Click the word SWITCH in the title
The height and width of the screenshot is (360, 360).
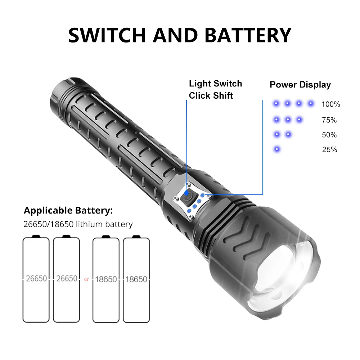tap(108, 35)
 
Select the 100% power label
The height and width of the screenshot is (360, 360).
tap(330, 104)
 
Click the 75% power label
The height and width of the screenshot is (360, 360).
tap(329, 120)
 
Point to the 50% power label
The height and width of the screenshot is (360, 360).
tap(329, 135)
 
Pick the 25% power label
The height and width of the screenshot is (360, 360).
tap(329, 150)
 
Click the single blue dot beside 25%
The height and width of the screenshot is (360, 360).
tap(276, 149)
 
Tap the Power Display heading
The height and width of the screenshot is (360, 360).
tap(300, 85)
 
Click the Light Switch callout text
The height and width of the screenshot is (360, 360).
tap(215, 84)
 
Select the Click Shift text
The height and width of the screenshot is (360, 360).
tap(211, 95)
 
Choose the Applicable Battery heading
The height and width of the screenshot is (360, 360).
tap(68, 210)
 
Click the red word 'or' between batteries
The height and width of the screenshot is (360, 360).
tap(86, 279)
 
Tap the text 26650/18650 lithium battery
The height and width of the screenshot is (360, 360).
tap(78, 224)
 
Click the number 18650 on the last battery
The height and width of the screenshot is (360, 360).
tap(136, 279)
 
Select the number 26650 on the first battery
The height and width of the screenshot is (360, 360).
tap(36, 279)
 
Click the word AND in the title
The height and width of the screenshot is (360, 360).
tap(175, 35)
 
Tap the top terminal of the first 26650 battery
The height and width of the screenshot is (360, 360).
tap(36, 236)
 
